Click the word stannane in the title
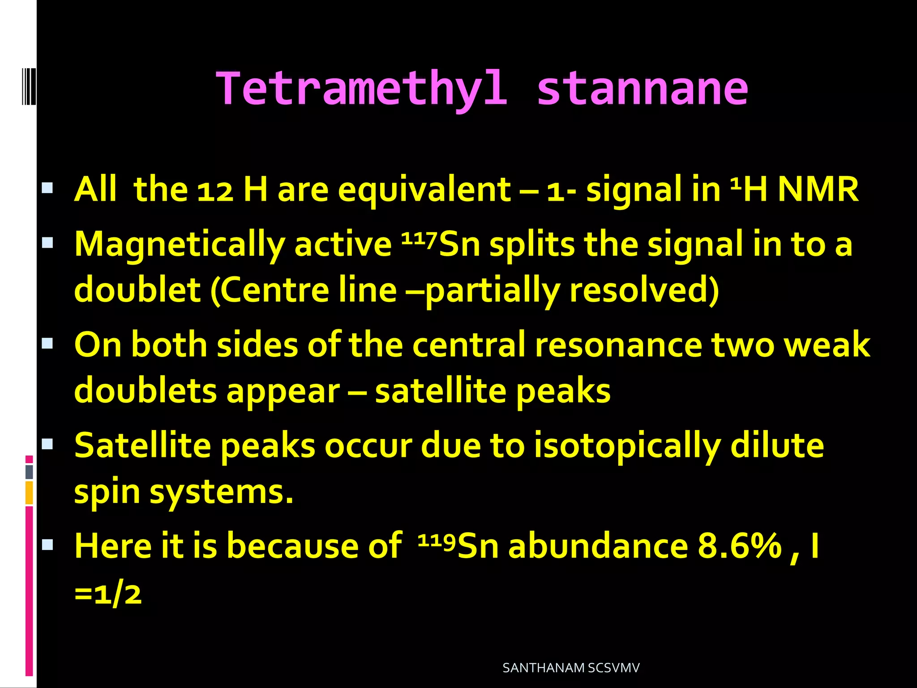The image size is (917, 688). click(x=642, y=90)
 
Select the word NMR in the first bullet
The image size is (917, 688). click(x=818, y=190)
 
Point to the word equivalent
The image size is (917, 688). click(x=424, y=191)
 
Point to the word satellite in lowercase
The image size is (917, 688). click(x=441, y=391)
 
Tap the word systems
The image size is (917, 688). click(x=221, y=493)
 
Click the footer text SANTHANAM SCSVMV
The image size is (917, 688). click(x=571, y=668)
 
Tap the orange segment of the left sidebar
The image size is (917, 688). click(x=29, y=493)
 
